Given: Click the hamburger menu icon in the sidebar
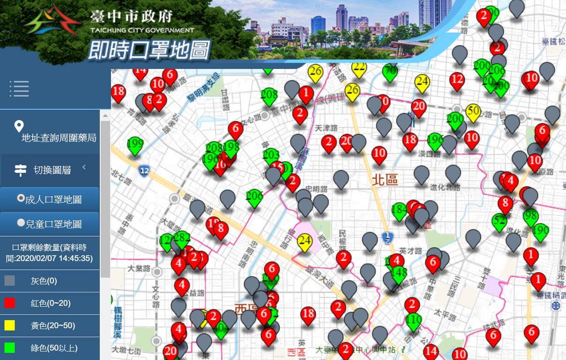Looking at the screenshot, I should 19,89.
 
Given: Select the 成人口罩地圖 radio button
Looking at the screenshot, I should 21,198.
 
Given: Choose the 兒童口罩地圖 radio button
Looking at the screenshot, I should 21,223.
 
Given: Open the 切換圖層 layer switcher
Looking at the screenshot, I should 51,170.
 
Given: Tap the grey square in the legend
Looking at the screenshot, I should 10,281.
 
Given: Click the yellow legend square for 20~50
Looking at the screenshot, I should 10,325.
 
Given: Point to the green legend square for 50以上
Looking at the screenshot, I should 10,348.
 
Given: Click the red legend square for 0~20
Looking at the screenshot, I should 10,303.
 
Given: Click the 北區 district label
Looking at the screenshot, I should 385,180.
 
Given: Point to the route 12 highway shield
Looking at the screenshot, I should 144,170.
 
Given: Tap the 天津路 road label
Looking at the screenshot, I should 326,127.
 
